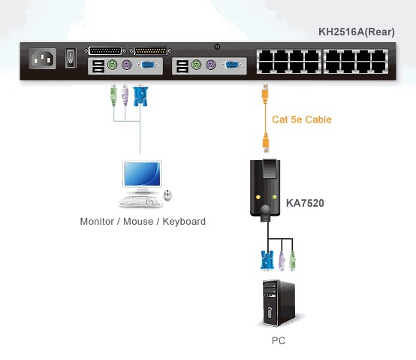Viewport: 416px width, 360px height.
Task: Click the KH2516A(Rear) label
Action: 357,32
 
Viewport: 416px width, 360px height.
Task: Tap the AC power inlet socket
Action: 43,59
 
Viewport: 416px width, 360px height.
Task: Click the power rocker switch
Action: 71,58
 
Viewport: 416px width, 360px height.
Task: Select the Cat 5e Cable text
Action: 302,119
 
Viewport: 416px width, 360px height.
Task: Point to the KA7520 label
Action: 305,203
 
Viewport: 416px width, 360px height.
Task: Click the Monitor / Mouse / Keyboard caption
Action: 143,222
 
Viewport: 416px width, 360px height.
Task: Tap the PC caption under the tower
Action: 279,340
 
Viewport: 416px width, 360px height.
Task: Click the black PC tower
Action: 279,303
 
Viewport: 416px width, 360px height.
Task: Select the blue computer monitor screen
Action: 142,174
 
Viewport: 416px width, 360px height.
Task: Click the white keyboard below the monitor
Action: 140,201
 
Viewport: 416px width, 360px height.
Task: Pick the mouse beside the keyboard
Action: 167,195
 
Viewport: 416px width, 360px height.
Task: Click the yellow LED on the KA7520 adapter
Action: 258,197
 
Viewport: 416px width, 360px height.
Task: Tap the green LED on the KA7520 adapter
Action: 274,197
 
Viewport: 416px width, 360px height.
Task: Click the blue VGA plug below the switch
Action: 140,95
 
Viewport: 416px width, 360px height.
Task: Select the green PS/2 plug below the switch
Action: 114,95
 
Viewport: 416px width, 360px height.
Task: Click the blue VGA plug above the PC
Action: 267,260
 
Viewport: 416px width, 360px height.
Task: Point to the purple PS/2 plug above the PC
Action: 282,261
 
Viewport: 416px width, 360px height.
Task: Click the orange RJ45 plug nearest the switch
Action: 265,94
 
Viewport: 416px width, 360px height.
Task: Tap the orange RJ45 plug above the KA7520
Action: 266,143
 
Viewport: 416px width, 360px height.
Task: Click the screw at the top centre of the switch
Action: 217,47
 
